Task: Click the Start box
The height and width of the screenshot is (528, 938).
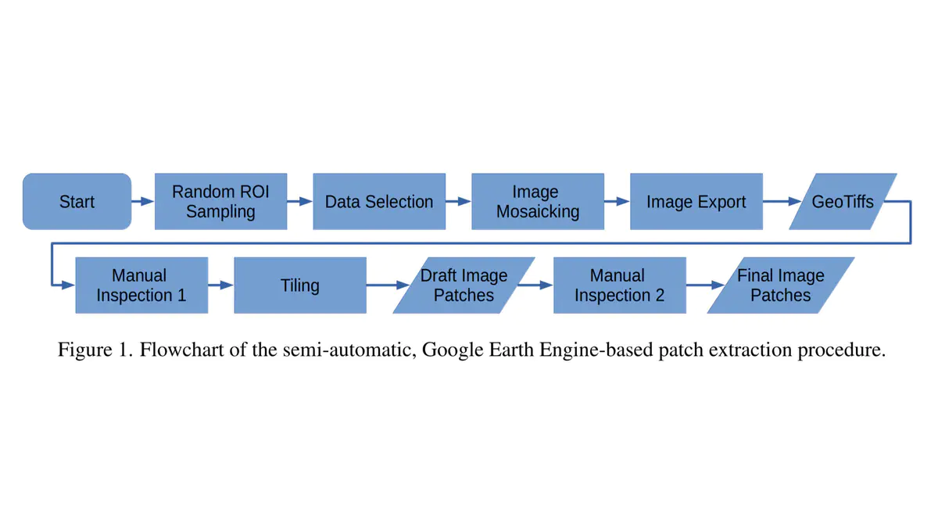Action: point(77,202)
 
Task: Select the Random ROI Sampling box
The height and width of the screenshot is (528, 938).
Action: point(220,202)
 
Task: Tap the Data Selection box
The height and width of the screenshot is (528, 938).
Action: point(379,202)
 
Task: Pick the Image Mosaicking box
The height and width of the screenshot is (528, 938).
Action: point(537,202)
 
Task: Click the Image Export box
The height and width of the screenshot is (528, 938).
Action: point(696,202)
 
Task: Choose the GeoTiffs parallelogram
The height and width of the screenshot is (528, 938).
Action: point(843,202)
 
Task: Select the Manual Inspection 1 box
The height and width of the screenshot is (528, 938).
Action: point(141,286)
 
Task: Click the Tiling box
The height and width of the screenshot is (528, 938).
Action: point(300,286)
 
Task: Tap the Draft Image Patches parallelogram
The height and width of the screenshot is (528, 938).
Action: point(464,286)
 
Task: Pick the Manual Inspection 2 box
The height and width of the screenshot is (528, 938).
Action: point(619,286)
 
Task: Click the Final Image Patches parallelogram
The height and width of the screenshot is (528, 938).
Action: point(780,286)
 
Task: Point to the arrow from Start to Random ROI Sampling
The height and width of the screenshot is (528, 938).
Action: point(142,202)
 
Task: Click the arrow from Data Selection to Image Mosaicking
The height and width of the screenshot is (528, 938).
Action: point(458,202)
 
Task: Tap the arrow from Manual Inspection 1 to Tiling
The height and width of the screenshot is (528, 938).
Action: point(221,286)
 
